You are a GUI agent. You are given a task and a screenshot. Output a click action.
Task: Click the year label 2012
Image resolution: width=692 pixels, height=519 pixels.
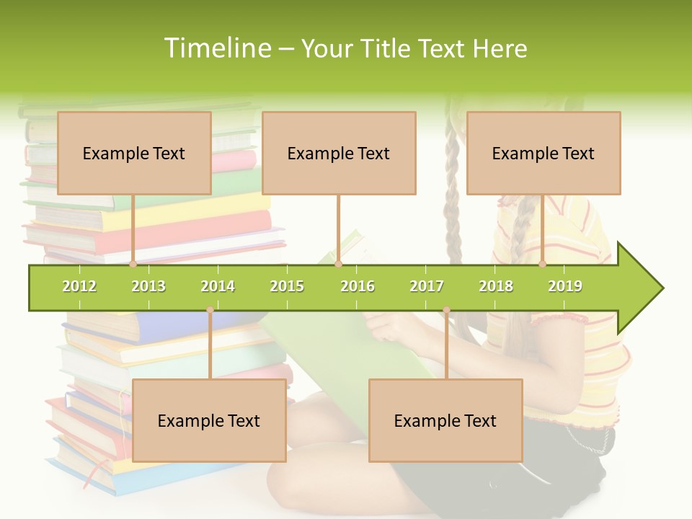click(x=79, y=286)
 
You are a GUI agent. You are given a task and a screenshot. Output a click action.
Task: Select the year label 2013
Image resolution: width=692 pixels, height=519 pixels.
click(x=148, y=286)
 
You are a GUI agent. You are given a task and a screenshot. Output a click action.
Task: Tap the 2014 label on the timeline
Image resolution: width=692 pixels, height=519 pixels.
click(x=218, y=286)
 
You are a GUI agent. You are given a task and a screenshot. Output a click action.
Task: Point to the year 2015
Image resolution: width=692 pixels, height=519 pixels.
click(x=287, y=286)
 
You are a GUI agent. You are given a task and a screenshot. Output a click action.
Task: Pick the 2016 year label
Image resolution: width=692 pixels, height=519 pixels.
click(x=358, y=286)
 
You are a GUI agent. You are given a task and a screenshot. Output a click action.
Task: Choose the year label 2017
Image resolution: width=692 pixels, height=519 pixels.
click(x=427, y=286)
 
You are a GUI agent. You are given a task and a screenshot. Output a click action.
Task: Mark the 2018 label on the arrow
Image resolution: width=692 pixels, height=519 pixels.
click(x=496, y=286)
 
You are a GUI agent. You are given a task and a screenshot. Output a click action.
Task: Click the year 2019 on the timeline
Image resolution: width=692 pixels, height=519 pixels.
click(x=565, y=286)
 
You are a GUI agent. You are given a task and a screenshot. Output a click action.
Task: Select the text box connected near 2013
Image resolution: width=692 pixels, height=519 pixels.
click(x=134, y=153)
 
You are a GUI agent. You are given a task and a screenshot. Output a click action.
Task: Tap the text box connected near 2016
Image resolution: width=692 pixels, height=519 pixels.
click(x=339, y=153)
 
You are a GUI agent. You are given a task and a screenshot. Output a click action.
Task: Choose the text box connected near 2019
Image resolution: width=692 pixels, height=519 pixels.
click(x=544, y=153)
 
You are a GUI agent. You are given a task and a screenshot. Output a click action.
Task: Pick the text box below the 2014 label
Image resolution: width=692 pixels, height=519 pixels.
click(x=209, y=420)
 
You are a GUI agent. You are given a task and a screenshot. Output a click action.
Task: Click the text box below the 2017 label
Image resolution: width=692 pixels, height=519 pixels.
click(x=445, y=420)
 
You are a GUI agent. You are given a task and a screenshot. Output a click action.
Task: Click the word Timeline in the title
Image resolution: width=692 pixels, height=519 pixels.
click(x=216, y=48)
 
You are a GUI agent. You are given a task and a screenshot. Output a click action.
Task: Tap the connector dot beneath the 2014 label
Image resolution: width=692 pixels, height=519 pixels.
click(x=210, y=310)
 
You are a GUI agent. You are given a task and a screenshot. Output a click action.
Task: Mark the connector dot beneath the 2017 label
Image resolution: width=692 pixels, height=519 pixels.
click(x=446, y=310)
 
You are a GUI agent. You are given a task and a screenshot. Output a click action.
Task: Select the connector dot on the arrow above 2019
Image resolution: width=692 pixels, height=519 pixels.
click(x=543, y=265)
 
